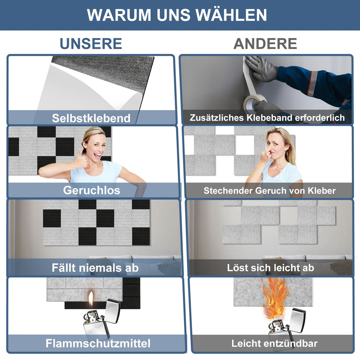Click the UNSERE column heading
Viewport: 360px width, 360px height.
91,44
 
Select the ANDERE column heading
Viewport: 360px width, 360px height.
265,44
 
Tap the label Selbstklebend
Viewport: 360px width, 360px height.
91,118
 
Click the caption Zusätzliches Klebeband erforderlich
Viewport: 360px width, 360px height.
267,118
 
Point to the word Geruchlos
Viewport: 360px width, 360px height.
91,191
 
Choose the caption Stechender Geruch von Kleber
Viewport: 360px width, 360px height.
269,191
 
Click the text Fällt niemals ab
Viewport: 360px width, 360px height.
95,268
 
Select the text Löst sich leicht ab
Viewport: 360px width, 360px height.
270,268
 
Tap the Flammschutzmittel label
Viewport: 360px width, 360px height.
98,343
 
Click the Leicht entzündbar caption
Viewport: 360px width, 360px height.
274,343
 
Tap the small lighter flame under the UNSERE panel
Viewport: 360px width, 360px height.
91,299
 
